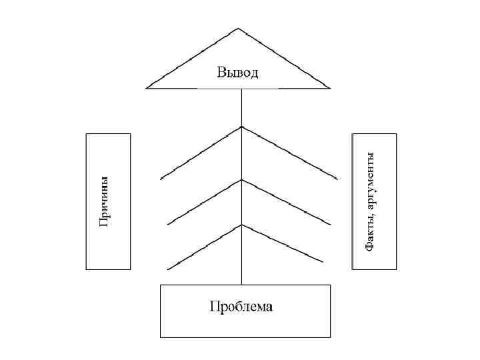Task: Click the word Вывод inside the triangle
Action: [x=237, y=73]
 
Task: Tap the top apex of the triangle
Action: [x=238, y=29]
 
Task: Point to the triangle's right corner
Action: [x=329, y=87]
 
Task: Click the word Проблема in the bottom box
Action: [x=241, y=307]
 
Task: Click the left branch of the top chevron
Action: [x=200, y=153]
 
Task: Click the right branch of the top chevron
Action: [x=290, y=153]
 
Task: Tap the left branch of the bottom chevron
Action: [x=203, y=247]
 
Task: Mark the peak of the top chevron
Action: [x=241, y=127]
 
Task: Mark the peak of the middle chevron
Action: [x=241, y=179]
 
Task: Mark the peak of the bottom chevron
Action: [x=241, y=225]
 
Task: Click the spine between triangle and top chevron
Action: [x=241, y=107]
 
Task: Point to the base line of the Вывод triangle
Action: [x=200, y=88]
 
